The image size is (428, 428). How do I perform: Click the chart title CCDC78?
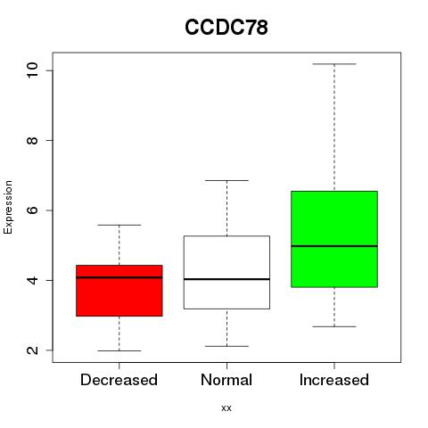(x=226, y=28)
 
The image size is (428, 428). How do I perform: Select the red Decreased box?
(x=119, y=291)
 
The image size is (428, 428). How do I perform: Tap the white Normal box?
(x=226, y=272)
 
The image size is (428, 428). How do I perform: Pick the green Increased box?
(x=334, y=239)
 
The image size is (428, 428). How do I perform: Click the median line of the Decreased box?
(x=119, y=277)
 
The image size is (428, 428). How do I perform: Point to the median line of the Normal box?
(x=226, y=279)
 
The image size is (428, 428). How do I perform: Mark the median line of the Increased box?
(x=334, y=246)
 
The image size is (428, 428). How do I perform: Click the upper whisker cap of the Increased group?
(x=334, y=64)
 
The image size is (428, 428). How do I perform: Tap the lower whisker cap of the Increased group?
(x=334, y=326)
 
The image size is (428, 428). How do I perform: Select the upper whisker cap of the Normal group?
(x=226, y=180)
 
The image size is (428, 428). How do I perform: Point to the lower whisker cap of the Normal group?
(x=226, y=346)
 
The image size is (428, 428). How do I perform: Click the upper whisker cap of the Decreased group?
(x=119, y=225)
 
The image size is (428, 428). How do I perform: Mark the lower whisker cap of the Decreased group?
(x=119, y=350)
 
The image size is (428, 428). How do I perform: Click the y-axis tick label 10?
(x=33, y=70)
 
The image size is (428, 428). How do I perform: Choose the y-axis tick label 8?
(x=33, y=140)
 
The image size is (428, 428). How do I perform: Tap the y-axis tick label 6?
(x=33, y=210)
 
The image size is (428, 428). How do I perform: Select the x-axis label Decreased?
(x=119, y=380)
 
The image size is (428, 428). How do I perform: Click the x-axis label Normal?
(x=226, y=380)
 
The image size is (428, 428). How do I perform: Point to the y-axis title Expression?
(x=8, y=207)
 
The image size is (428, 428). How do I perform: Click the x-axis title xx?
(x=226, y=408)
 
